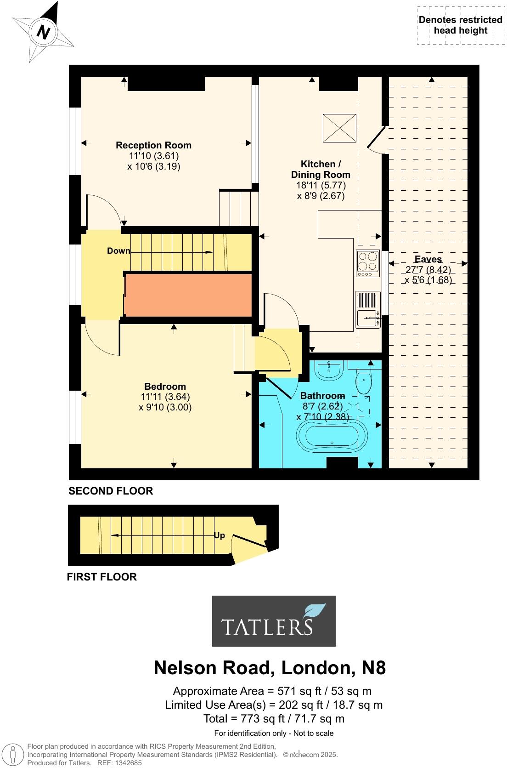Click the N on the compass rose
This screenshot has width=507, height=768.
tap(43, 33)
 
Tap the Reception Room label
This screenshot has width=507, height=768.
tap(153, 145)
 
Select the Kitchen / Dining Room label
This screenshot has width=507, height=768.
tap(321, 169)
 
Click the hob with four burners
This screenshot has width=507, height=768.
tap(367, 263)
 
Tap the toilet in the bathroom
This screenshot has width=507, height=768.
tap(364, 383)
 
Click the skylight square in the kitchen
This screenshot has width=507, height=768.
tap(339, 128)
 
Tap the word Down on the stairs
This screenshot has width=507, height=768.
tap(118, 251)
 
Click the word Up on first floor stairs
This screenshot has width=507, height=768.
tap(220, 535)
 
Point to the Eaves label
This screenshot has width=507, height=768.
tap(428, 259)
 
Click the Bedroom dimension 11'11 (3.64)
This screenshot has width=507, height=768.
tap(165, 397)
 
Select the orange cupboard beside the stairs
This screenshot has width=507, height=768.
tap(188, 295)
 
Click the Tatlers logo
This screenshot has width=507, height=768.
tap(274, 621)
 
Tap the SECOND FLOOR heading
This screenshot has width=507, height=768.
tap(111, 491)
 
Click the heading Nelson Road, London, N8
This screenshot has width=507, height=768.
tap(270, 668)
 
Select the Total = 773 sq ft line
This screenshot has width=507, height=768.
tap(274, 718)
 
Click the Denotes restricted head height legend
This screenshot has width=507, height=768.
tap(460, 25)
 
